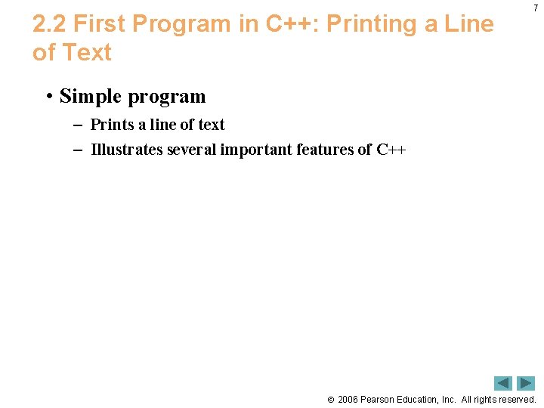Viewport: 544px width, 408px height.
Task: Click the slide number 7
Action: [535, 8]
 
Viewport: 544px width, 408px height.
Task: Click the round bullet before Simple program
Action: [48, 97]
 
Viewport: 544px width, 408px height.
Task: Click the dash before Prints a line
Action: [78, 125]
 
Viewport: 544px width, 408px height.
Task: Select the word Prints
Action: [112, 125]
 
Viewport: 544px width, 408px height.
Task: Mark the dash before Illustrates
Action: [78, 150]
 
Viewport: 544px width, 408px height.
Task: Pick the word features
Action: [323, 150]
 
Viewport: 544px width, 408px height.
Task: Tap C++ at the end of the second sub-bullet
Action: [391, 150]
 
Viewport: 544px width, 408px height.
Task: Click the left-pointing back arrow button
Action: [503, 383]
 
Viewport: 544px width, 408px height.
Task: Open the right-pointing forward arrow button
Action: [526, 383]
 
